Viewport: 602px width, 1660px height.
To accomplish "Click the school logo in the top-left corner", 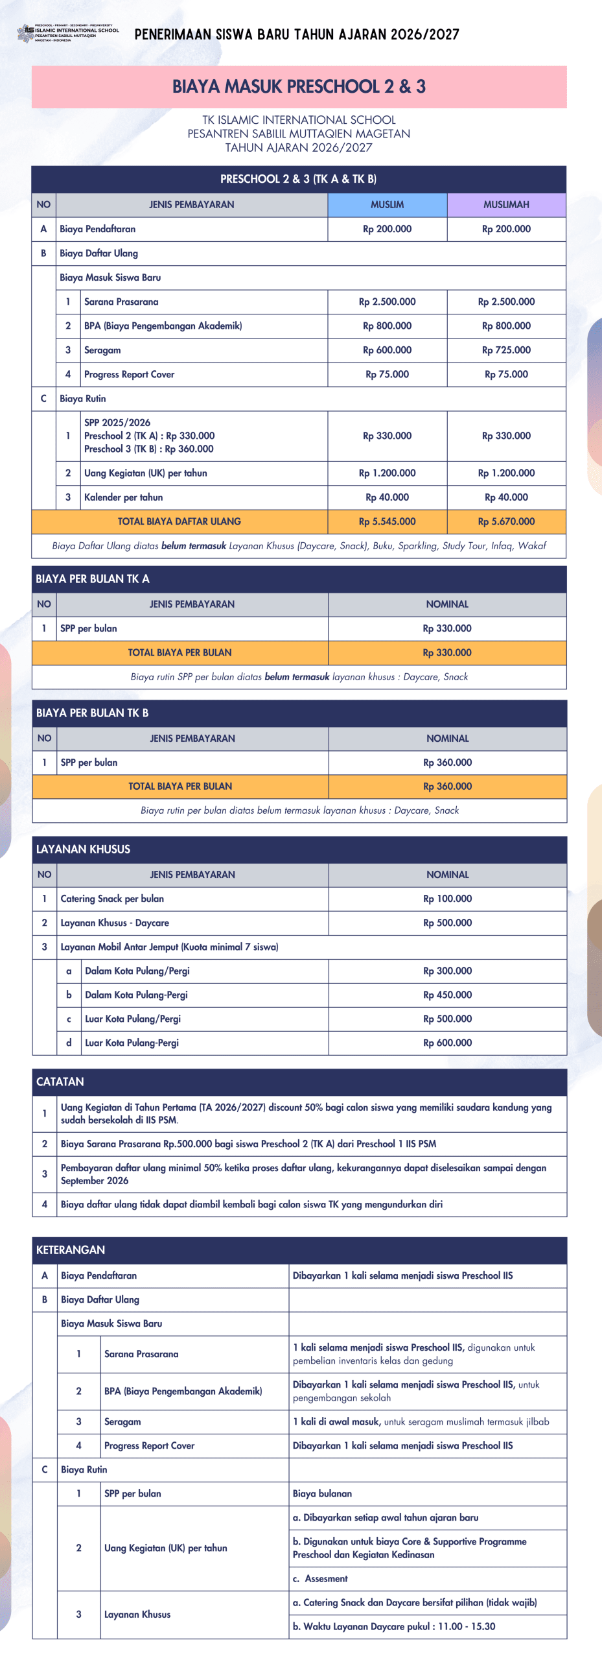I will click(x=26, y=32).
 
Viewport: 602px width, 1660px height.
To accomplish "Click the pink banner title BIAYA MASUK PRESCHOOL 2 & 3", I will click(x=299, y=87).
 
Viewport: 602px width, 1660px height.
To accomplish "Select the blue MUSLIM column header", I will click(x=387, y=205).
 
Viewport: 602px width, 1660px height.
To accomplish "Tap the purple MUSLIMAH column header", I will click(x=506, y=205).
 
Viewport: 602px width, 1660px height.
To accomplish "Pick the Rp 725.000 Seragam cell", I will click(x=506, y=350).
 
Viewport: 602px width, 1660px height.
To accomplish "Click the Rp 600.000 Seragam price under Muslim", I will click(x=387, y=350).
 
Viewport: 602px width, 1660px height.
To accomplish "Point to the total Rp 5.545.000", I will click(x=387, y=521).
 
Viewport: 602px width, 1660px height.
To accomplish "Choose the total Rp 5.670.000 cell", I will click(x=506, y=521).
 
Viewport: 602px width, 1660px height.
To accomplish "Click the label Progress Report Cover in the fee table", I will click(x=129, y=374).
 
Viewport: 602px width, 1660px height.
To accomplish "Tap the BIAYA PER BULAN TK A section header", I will click(x=92, y=579).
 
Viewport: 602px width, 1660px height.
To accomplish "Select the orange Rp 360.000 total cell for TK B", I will click(x=447, y=787).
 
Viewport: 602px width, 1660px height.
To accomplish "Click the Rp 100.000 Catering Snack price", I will click(x=447, y=899).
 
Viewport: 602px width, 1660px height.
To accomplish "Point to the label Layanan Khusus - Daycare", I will click(x=115, y=923).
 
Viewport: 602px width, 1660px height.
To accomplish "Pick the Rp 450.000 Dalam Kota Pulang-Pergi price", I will click(x=447, y=995).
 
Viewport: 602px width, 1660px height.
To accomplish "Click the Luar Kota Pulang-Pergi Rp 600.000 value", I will click(x=447, y=1043).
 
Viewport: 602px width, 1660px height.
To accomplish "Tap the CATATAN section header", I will click(x=60, y=1082).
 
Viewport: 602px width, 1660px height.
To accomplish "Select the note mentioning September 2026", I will click(x=303, y=1174).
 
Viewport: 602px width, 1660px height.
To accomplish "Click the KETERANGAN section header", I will click(x=71, y=1250).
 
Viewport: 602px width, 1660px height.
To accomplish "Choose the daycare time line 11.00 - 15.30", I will click(x=394, y=1626).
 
